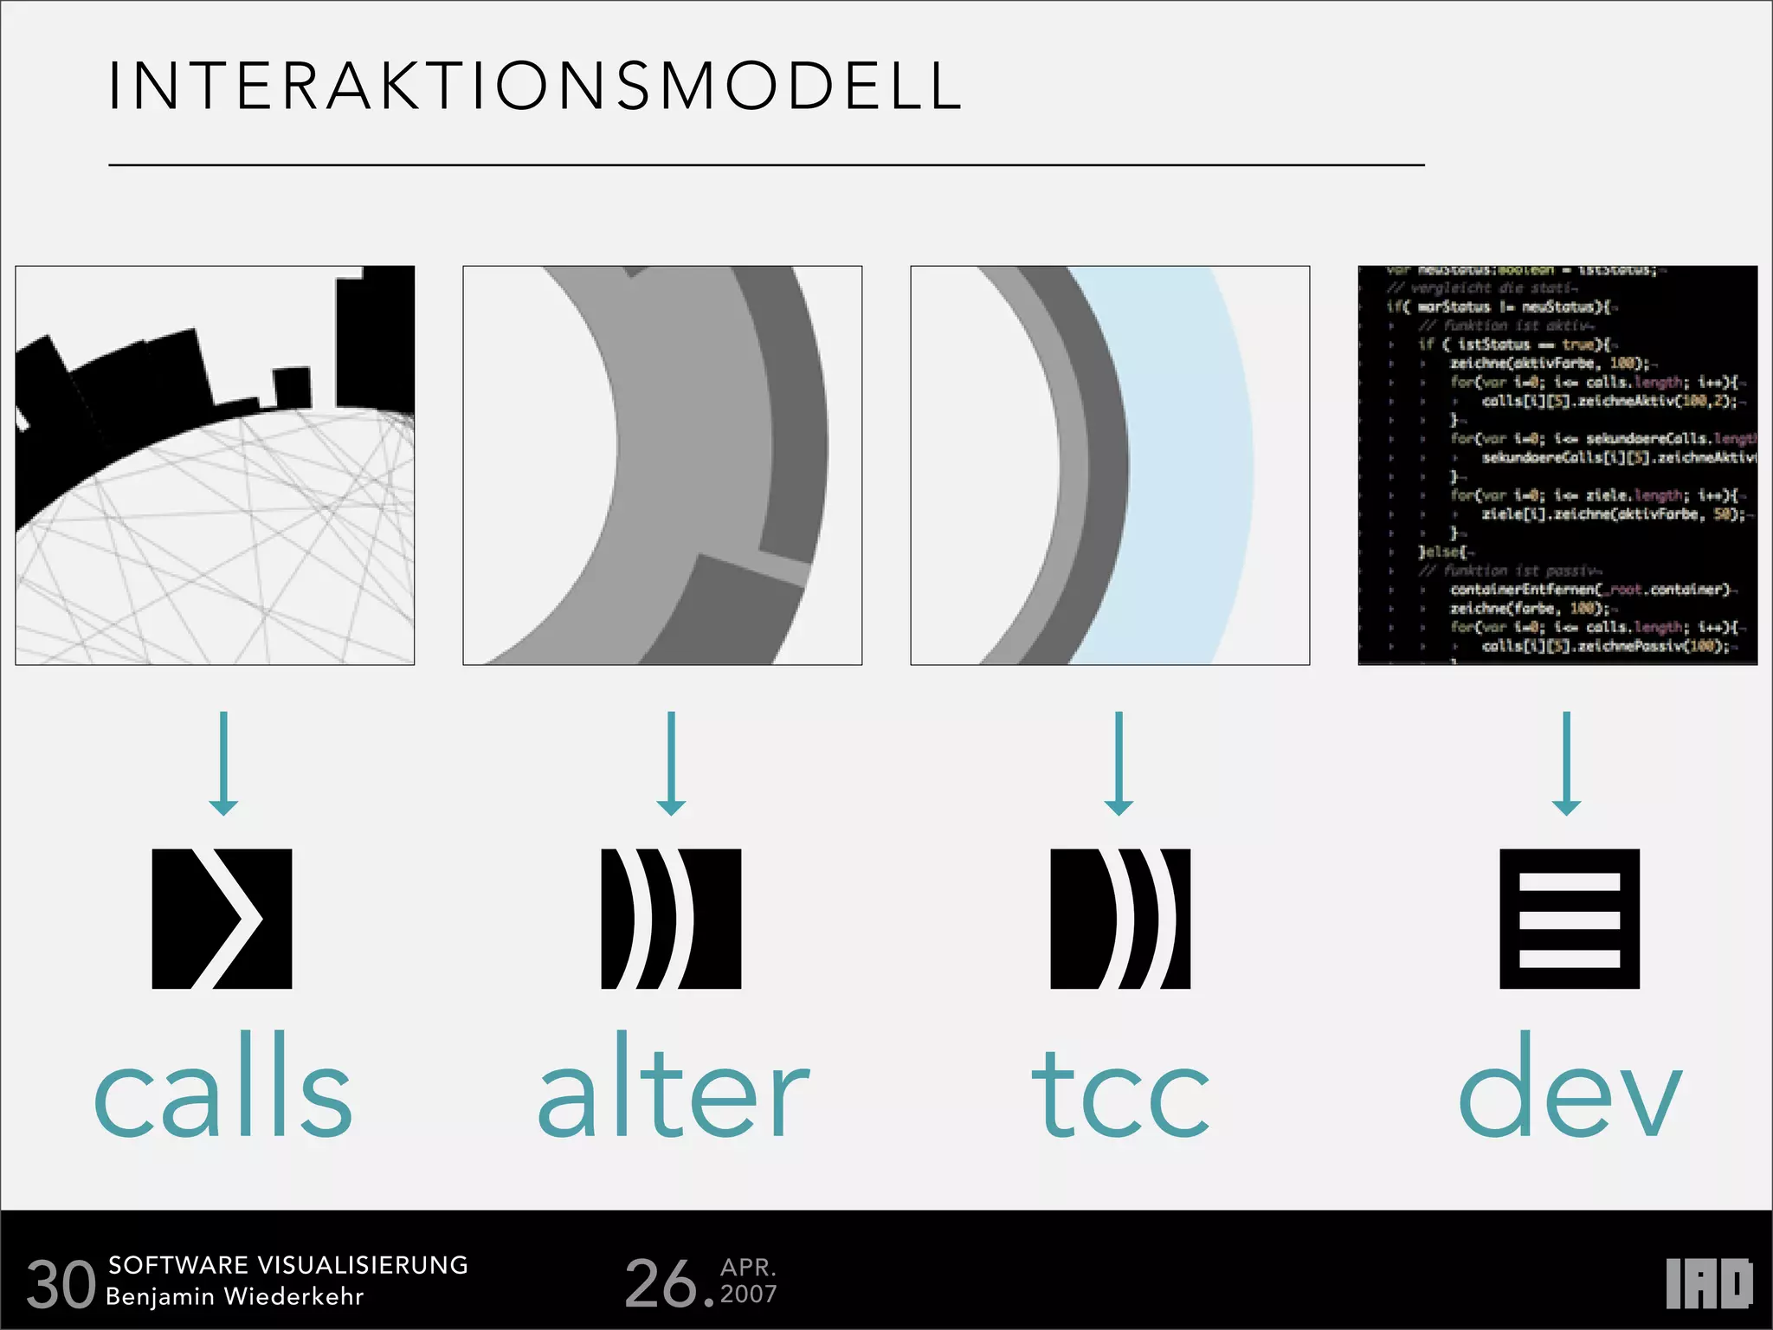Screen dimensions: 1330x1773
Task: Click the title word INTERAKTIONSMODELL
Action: pos(534,87)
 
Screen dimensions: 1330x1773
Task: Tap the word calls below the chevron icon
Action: pos(223,1087)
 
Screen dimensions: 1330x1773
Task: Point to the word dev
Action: pos(1569,1087)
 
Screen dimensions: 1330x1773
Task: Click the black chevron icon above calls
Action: pos(222,919)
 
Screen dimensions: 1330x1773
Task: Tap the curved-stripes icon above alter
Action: pos(671,919)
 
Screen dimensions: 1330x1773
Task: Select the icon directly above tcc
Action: pos(1120,919)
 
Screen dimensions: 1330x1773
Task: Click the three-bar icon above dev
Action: pos(1570,919)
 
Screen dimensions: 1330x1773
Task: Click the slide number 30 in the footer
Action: pos(61,1284)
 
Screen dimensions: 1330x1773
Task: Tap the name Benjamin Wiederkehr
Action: pos(235,1296)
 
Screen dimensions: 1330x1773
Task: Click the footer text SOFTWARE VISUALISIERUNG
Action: pos(287,1265)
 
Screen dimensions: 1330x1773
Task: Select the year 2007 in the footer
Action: pos(749,1294)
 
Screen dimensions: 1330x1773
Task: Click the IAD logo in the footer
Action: pos(1708,1283)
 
